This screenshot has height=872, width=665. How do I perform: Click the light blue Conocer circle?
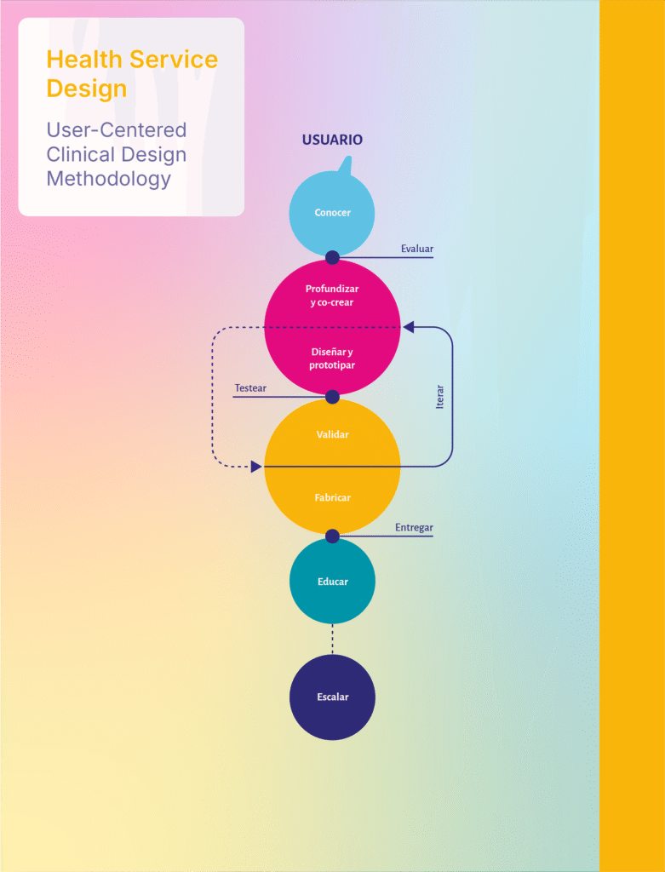(x=332, y=213)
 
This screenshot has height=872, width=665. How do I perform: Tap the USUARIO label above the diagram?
(x=332, y=140)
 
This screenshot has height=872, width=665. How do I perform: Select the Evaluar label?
(x=417, y=249)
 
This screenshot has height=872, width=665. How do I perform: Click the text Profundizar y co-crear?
(x=332, y=295)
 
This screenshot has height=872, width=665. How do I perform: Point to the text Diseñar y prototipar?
(x=332, y=359)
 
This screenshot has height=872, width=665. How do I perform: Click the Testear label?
(x=250, y=388)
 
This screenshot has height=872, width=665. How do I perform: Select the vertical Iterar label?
(x=440, y=397)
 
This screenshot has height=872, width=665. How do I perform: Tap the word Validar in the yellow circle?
(x=332, y=434)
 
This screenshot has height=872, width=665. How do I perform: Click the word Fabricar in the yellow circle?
(x=332, y=497)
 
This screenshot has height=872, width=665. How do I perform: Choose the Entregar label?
(x=414, y=528)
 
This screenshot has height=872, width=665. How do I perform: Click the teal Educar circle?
(x=332, y=582)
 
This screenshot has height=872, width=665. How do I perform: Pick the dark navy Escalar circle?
(x=332, y=697)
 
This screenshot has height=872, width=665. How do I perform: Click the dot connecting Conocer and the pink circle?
(x=332, y=257)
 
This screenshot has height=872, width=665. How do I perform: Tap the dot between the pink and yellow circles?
(x=332, y=397)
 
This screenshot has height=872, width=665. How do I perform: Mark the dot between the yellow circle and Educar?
(x=332, y=536)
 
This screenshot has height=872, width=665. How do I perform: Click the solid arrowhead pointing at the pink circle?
(x=409, y=327)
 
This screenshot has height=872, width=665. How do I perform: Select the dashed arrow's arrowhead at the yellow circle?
(x=256, y=467)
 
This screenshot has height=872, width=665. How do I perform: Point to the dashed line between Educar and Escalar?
(x=332, y=639)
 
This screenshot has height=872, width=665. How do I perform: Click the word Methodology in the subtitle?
(x=108, y=179)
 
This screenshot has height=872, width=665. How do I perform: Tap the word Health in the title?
(x=83, y=60)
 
